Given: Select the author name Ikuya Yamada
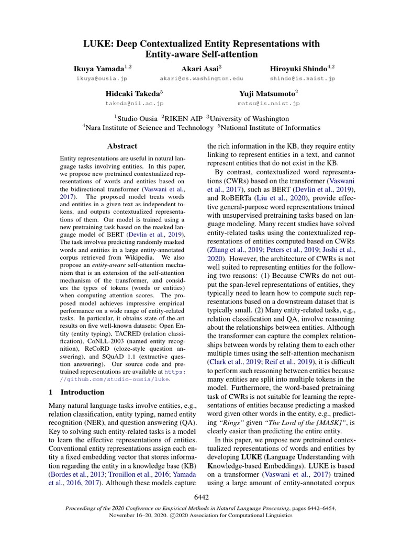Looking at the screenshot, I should (x=100, y=68).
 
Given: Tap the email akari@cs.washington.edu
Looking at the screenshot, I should (x=202, y=79).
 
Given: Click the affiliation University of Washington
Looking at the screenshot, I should (x=249, y=119).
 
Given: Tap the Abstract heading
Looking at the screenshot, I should (x=122, y=146).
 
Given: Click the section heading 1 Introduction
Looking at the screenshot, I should (x=76, y=392).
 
